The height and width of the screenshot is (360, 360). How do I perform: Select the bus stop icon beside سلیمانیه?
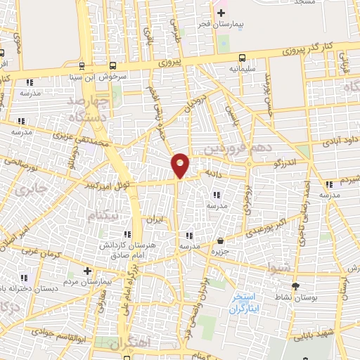[242, 58]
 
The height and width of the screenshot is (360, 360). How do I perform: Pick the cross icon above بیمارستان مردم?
[86, 271]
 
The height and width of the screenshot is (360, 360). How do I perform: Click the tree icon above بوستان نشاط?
[295, 285]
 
